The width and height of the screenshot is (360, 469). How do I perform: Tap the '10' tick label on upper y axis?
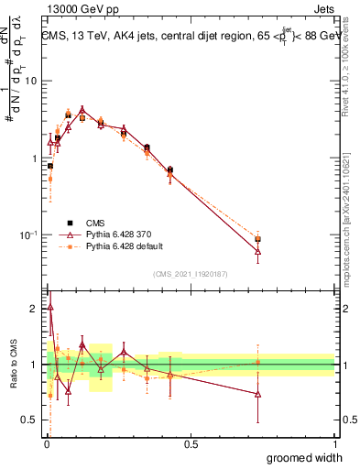(x=29, y=81)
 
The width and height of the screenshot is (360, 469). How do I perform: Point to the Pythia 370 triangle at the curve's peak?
(x=82, y=109)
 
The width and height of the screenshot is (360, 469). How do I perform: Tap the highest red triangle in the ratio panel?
(x=49, y=308)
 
